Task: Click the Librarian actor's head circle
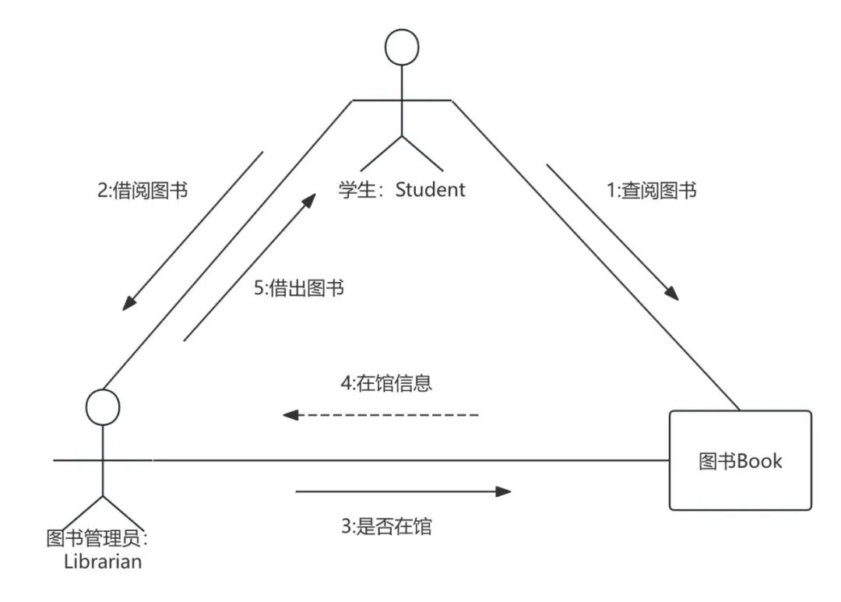pos(102,407)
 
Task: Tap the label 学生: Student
pos(402,189)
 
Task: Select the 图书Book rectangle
pos(740,460)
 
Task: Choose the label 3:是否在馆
pos(386,526)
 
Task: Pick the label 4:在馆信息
pos(386,384)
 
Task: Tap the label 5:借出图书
pos(299,288)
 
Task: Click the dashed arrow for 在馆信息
pos(382,415)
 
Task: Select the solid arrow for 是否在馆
pos(403,491)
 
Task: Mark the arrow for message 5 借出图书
pos(249,268)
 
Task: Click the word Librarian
pos(103,561)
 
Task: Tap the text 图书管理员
pos(97,538)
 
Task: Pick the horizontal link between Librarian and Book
pos(389,460)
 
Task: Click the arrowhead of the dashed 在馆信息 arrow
pos(290,415)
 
